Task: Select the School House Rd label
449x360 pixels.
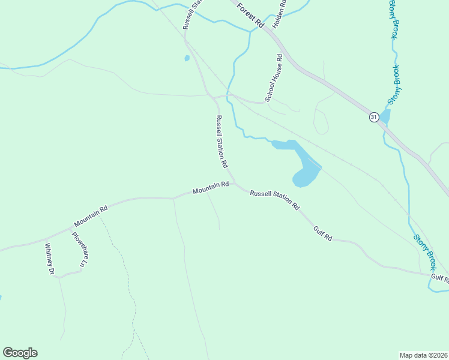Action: tap(274, 77)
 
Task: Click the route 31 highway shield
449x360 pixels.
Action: tap(374, 117)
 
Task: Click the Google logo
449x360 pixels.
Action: tap(20, 353)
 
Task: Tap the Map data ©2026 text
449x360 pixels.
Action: tap(423, 355)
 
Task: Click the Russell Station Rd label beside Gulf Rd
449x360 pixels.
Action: tap(274, 200)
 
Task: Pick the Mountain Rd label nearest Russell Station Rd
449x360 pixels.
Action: tap(211, 188)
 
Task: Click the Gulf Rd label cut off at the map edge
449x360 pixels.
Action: tap(439, 278)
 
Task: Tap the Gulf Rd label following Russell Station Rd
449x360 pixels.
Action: tap(322, 233)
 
